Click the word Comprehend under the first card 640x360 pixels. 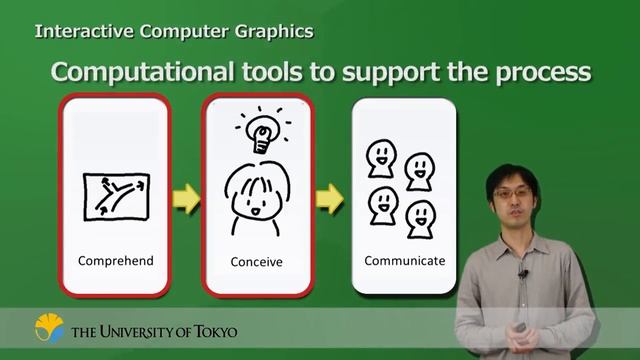[x=116, y=261]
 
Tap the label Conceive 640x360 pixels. [x=256, y=262]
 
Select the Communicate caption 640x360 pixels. [x=405, y=261]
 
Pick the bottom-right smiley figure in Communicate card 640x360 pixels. [x=421, y=216]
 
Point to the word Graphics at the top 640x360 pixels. [x=275, y=31]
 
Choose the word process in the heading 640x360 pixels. [x=540, y=75]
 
